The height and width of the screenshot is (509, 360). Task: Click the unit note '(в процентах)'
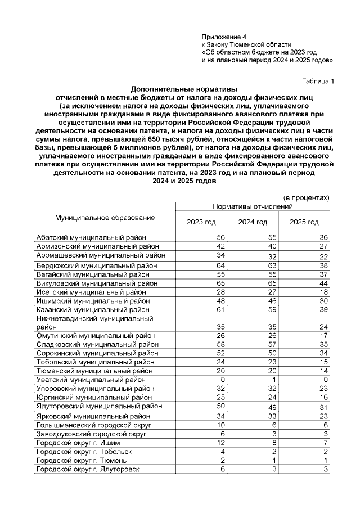[x=305, y=197]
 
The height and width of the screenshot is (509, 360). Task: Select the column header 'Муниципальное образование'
[x=105, y=217]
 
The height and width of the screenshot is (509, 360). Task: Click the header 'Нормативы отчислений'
[x=253, y=207]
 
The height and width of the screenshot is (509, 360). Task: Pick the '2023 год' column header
[x=201, y=222]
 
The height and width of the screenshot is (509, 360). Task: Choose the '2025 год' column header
[x=304, y=222]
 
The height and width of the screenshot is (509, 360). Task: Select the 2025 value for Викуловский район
[x=323, y=283]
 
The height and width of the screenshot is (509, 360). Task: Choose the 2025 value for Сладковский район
[x=323, y=344]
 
